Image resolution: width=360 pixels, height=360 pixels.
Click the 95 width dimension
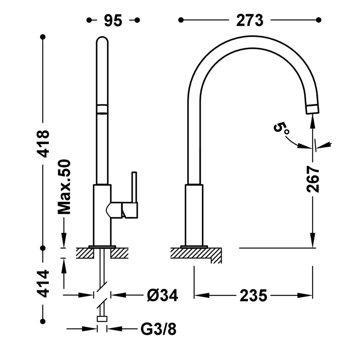click(x=113, y=20)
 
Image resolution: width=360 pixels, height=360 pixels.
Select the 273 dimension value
click(x=250, y=20)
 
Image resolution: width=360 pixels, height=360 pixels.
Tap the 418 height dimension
click(x=43, y=144)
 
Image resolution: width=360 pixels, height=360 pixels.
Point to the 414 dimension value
click(x=43, y=284)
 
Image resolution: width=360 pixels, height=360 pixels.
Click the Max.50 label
click(x=64, y=187)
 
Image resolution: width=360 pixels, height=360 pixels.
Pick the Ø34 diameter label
click(x=162, y=295)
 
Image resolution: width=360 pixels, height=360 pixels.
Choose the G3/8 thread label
click(x=158, y=329)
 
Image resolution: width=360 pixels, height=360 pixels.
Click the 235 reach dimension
click(x=253, y=295)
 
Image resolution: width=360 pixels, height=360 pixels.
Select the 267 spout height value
click(x=313, y=179)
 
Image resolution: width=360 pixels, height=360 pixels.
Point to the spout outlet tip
click(x=312, y=109)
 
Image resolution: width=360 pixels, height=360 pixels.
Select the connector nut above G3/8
click(x=102, y=319)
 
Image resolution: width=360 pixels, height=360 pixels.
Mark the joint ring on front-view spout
click(x=102, y=109)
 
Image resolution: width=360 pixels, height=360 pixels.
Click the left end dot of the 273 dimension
click(x=181, y=20)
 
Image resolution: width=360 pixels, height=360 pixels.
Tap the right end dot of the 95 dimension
click(x=137, y=20)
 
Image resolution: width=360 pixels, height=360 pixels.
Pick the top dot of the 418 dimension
click(x=43, y=37)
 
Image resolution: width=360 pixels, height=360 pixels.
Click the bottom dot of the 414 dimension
click(x=43, y=321)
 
